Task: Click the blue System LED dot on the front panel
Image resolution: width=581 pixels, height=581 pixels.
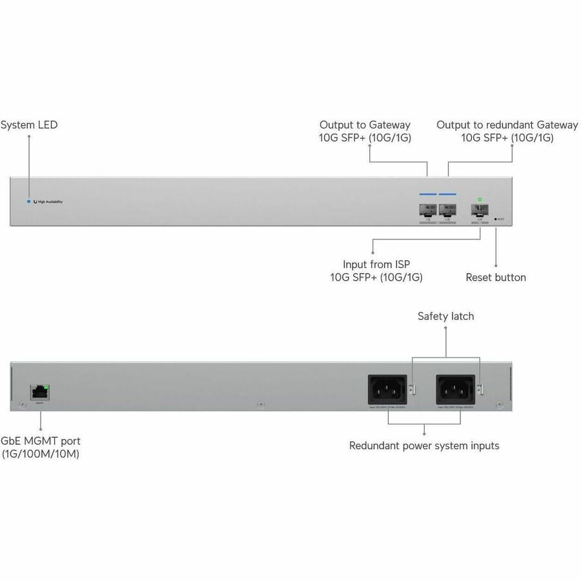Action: tap(28, 201)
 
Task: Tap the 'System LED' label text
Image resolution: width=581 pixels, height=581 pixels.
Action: tap(29, 125)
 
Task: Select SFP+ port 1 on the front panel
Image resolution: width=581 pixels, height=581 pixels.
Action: tap(428, 209)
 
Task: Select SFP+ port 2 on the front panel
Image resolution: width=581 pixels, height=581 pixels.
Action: tap(447, 209)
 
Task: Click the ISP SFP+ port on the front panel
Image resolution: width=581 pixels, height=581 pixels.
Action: tap(480, 209)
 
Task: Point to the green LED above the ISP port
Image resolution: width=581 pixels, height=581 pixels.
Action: tap(480, 199)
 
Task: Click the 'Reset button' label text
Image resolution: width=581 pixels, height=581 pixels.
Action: tap(496, 278)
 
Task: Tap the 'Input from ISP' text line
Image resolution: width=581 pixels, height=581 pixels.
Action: tap(377, 264)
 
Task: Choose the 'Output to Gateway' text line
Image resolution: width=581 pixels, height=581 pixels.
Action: tap(365, 125)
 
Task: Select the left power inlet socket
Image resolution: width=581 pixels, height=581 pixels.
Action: tap(387, 390)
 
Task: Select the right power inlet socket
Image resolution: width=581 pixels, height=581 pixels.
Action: tap(456, 390)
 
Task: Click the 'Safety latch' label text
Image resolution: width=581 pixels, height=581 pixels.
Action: tap(445, 316)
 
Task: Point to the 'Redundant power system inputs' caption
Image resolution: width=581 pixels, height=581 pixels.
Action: tap(424, 445)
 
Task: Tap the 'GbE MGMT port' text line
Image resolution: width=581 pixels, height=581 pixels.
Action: tap(41, 441)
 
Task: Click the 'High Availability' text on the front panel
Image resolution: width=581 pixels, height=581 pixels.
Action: tap(50, 202)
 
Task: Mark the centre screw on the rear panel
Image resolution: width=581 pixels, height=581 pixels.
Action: tap(260, 405)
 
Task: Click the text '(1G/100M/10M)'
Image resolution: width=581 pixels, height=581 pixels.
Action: tap(40, 454)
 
